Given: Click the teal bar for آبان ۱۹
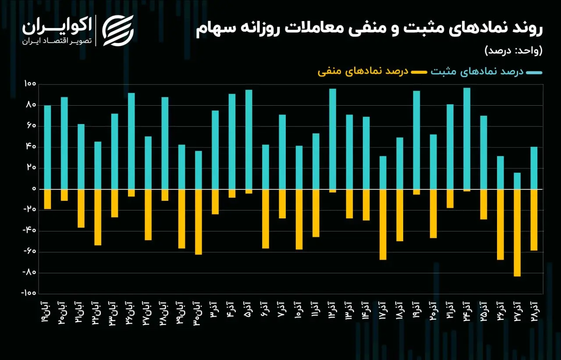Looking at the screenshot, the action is pyautogui.click(x=48, y=147).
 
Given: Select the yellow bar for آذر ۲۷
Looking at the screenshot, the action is pyautogui.click(x=517, y=233).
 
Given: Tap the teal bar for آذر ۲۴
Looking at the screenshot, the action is pyautogui.click(x=467, y=139).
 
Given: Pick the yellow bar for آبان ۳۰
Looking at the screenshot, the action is pyautogui.click(x=199, y=222).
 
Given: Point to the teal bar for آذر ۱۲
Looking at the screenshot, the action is pyautogui.click(x=333, y=139).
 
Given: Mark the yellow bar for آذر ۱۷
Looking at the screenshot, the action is pyautogui.click(x=383, y=225).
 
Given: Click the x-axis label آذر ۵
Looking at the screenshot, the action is pyautogui.click(x=249, y=310).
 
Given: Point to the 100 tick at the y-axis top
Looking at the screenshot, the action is pyautogui.click(x=30, y=84).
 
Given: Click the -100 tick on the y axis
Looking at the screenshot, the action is pyautogui.click(x=28, y=293).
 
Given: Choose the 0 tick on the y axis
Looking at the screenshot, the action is pyautogui.click(x=34, y=189).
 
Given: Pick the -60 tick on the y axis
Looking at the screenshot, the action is pyautogui.click(x=29, y=251).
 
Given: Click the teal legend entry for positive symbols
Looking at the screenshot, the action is pyautogui.click(x=486, y=71).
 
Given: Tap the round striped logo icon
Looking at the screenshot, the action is pyautogui.click(x=118, y=31).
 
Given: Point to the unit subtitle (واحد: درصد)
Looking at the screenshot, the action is pyautogui.click(x=513, y=50).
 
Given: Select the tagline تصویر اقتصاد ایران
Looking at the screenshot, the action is pyautogui.click(x=57, y=41).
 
